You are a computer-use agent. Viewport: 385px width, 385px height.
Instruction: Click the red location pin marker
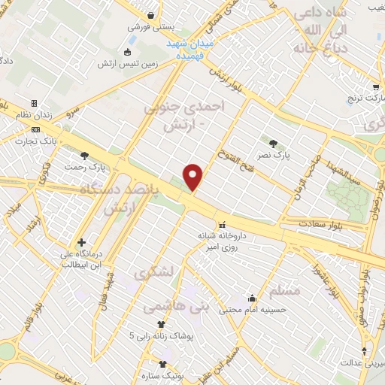click(x=194, y=176)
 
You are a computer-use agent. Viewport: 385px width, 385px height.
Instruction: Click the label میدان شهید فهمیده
click(x=190, y=50)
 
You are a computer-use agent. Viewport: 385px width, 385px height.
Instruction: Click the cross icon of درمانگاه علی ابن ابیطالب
click(x=81, y=241)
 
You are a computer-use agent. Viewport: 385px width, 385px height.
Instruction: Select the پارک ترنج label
click(x=360, y=98)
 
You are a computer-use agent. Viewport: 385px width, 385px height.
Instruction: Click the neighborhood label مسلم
click(x=283, y=290)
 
